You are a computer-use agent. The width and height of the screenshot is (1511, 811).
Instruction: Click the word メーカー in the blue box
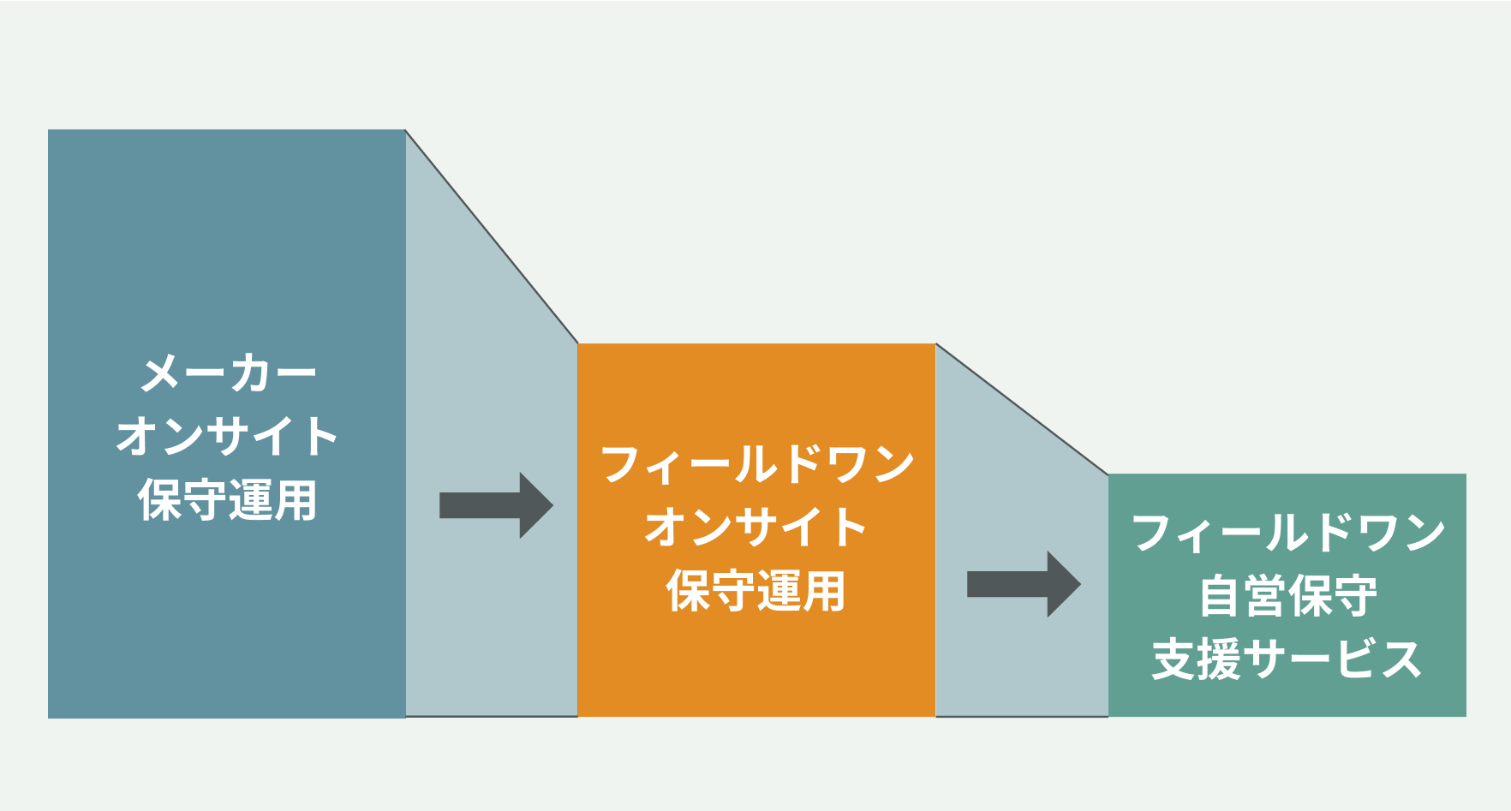(228, 374)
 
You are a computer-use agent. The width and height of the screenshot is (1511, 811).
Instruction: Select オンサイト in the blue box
(227, 436)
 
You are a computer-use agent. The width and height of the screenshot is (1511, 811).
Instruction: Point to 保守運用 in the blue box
(227, 500)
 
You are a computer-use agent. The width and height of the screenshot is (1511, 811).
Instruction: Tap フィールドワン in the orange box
(757, 465)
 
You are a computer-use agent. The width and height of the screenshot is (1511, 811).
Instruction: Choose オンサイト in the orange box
(756, 527)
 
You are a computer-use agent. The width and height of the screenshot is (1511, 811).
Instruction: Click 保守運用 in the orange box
(756, 591)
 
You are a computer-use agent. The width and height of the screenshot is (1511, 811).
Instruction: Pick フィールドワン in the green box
(1287, 533)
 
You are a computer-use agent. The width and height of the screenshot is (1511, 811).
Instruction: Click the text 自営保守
(1287, 596)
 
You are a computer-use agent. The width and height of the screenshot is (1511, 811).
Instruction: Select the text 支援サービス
(1287, 659)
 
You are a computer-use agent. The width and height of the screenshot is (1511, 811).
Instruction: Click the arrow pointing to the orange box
(495, 505)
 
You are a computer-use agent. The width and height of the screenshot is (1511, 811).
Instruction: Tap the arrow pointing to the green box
(1023, 584)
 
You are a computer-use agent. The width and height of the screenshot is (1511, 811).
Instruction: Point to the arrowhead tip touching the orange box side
(552, 505)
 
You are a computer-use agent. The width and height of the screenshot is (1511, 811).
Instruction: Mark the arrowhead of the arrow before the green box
(1065, 584)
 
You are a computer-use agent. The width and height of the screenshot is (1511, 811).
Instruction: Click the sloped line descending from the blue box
(492, 237)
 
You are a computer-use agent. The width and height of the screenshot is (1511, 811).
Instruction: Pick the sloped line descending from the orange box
(1022, 408)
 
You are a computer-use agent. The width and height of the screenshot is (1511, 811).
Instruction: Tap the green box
(1287, 698)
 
